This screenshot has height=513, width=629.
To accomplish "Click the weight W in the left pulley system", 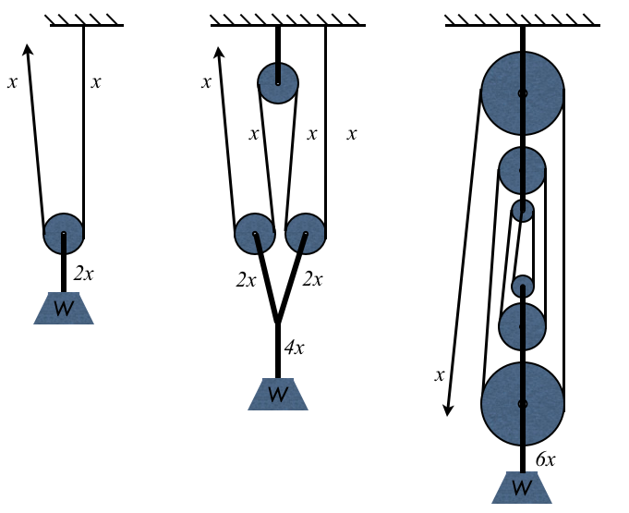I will [64, 308].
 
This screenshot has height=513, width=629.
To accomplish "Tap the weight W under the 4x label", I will [277, 394].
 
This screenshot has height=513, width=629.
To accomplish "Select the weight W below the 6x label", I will [522, 487].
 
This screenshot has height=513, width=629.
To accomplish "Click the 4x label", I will [294, 348].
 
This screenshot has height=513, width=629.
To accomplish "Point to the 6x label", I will [544, 459].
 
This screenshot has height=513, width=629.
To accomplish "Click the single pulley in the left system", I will [64, 233].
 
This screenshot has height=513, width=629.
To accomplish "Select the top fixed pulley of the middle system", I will [278, 82].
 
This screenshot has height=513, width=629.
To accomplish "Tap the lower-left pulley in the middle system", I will [255, 234].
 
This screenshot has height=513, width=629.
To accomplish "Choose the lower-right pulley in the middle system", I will [304, 234].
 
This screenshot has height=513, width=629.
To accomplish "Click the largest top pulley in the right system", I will [523, 93].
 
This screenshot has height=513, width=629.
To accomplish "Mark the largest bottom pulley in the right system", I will [523, 404].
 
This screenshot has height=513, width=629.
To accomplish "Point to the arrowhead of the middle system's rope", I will [221, 53].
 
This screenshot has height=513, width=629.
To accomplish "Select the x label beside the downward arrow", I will [440, 375].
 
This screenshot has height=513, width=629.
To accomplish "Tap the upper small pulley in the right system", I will [523, 211].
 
